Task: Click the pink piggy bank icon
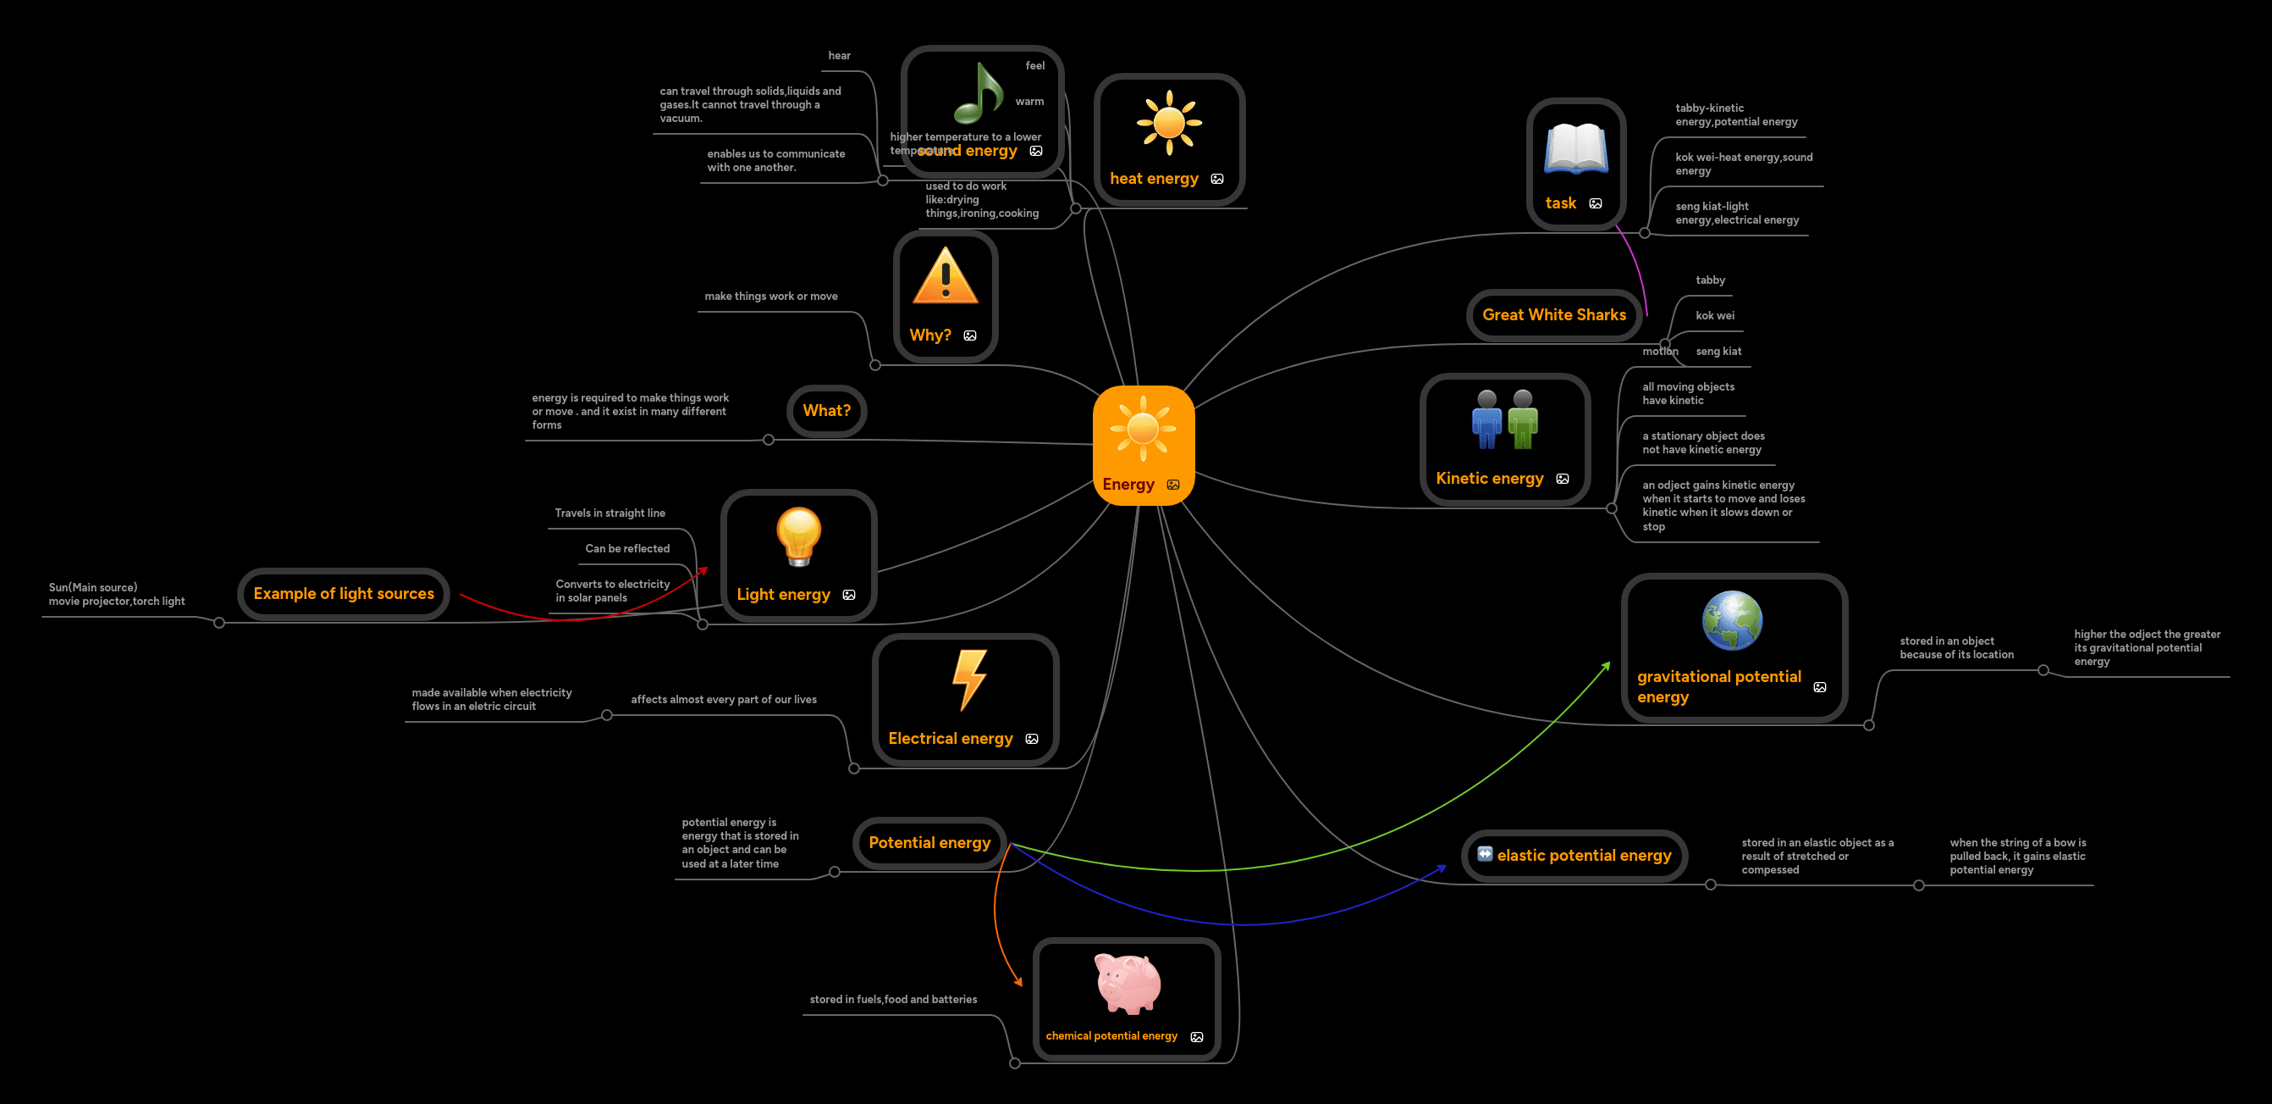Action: (x=1128, y=983)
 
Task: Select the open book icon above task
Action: (x=1575, y=149)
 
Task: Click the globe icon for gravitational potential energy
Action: (x=1731, y=620)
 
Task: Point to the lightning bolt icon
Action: (x=968, y=680)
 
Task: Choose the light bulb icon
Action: (x=798, y=535)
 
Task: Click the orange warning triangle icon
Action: (x=945, y=276)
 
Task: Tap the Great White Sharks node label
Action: (x=1553, y=315)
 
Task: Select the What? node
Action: (x=826, y=410)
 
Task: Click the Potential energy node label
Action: (x=929, y=843)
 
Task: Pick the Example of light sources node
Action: (x=343, y=594)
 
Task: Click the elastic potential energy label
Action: (x=1583, y=855)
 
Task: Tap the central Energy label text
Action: (x=1128, y=485)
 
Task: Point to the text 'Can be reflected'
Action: (x=627, y=548)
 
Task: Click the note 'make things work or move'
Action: (x=771, y=297)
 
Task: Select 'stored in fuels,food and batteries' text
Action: (x=892, y=999)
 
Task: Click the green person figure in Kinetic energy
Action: (x=1522, y=419)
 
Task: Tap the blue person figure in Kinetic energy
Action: (x=1486, y=419)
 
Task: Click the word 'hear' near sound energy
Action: (x=839, y=56)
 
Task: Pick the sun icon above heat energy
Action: (x=1169, y=123)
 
